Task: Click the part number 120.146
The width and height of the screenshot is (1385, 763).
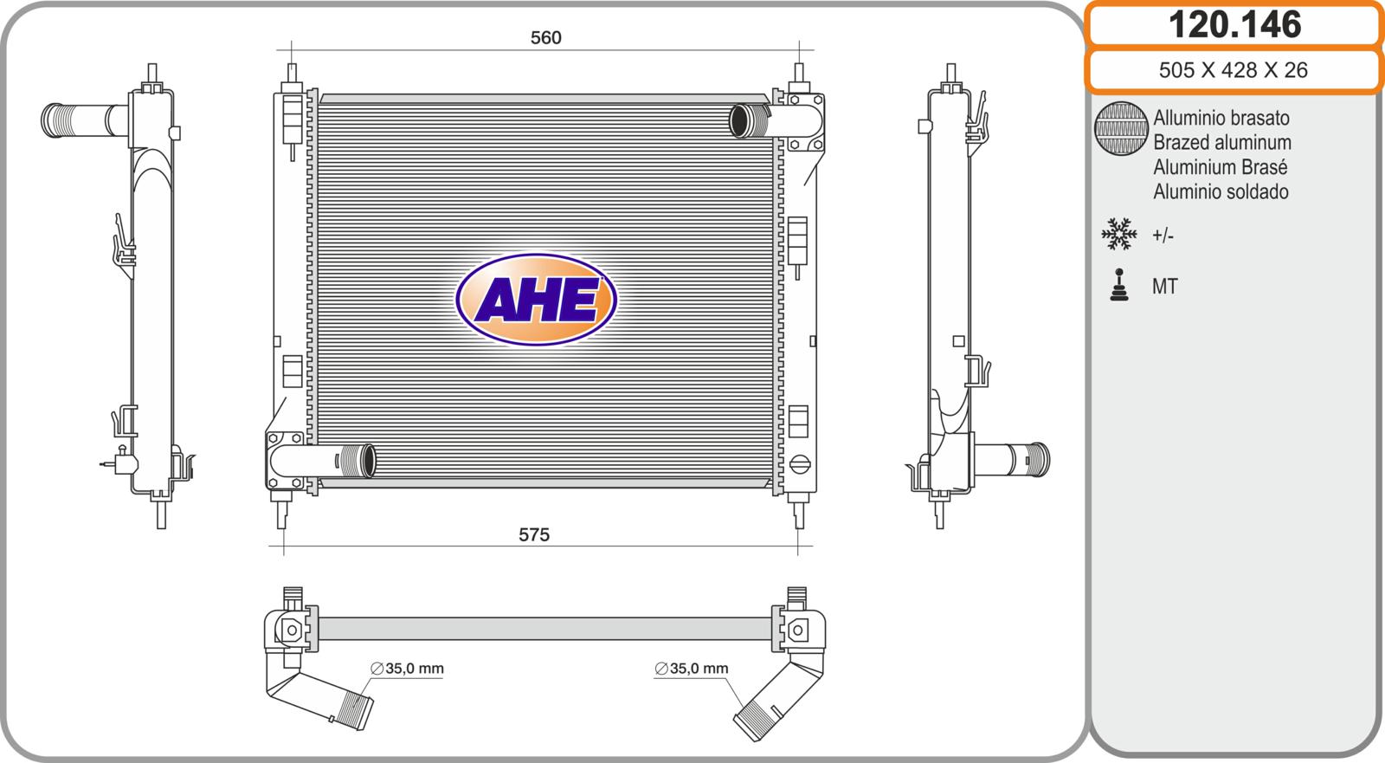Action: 1234,25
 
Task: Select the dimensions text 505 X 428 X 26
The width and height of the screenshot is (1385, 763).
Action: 1234,70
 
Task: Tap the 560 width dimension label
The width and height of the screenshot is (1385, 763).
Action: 546,38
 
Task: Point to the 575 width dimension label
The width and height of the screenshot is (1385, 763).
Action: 534,534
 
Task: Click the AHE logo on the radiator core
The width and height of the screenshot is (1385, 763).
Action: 536,300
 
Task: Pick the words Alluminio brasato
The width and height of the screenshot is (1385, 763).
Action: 1221,118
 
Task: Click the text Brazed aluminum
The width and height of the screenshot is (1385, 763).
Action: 1222,142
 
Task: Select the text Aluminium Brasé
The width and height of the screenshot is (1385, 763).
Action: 1220,167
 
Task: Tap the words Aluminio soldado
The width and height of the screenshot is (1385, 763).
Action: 1221,192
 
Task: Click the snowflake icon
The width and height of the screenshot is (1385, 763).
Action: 1119,234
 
